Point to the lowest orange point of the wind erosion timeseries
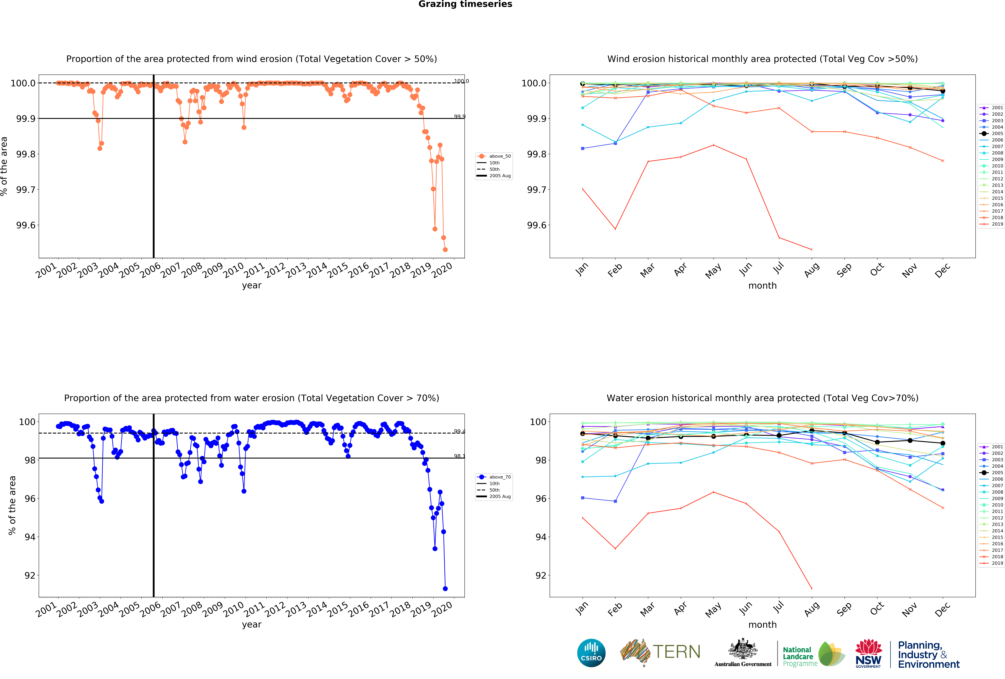pyautogui.click(x=445, y=250)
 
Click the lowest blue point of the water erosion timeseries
pyautogui.click(x=445, y=589)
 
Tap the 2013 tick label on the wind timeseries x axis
pyautogui.click(x=296, y=270)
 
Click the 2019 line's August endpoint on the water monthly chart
pyautogui.click(x=811, y=589)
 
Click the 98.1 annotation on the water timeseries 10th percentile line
pyautogui.click(x=459, y=456)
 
